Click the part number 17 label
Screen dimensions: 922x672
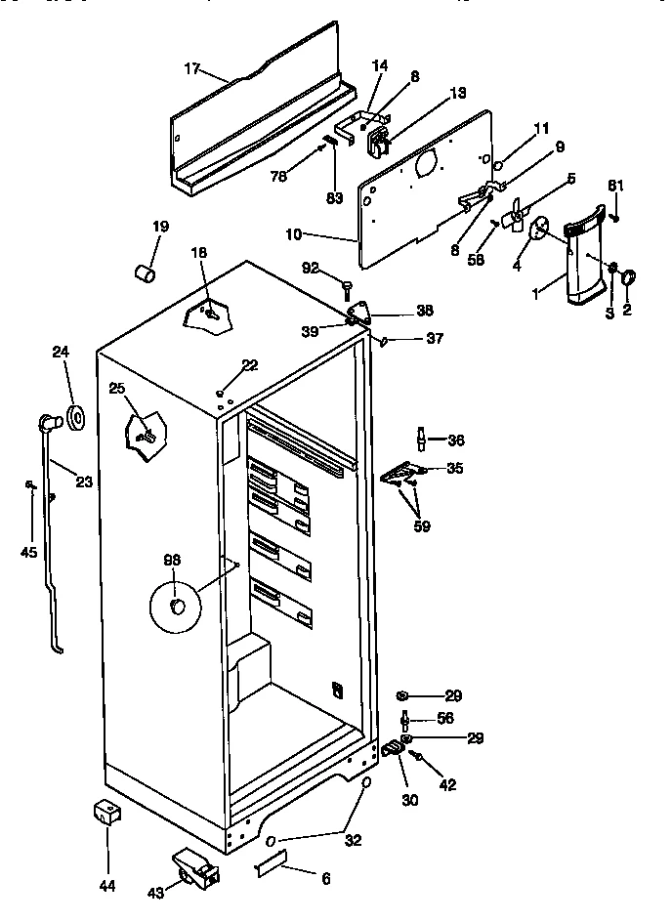point(191,69)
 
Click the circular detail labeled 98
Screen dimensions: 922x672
point(174,606)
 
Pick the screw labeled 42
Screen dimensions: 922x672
point(417,755)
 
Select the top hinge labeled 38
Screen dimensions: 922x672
point(361,313)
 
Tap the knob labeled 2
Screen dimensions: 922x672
point(627,279)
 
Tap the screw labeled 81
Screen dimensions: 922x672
point(616,217)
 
